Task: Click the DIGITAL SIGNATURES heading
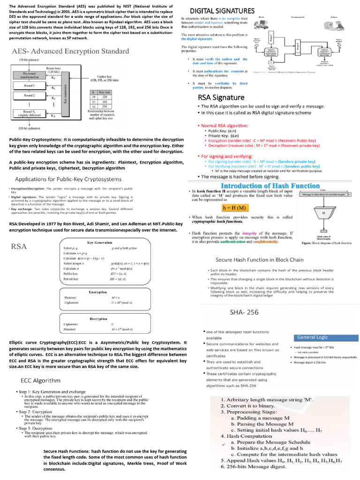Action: (222, 11)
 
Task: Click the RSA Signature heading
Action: (221, 97)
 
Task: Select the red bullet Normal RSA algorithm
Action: (225, 126)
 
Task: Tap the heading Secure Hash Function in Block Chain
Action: (259, 259)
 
